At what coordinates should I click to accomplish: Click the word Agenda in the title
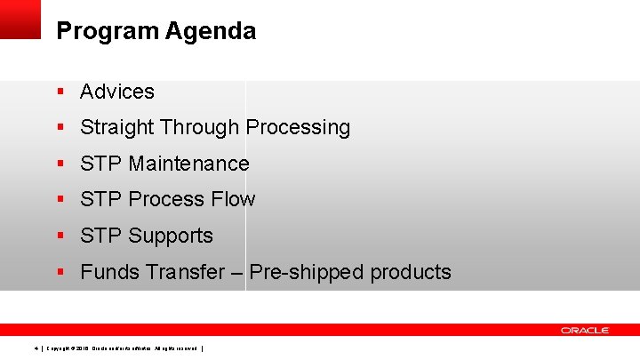click(211, 32)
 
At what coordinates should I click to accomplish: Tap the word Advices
click(117, 92)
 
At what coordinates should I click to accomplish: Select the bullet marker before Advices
click(60, 92)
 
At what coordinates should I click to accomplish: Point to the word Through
click(200, 128)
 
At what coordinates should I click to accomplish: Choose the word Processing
click(298, 128)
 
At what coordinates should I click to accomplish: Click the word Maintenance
click(188, 164)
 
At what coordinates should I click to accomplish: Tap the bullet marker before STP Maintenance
click(60, 164)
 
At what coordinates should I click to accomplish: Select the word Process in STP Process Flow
click(170, 200)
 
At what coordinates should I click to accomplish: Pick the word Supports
click(171, 236)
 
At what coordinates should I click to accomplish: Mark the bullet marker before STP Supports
click(60, 236)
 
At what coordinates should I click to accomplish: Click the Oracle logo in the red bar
click(584, 330)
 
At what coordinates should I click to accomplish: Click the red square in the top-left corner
click(20, 19)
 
